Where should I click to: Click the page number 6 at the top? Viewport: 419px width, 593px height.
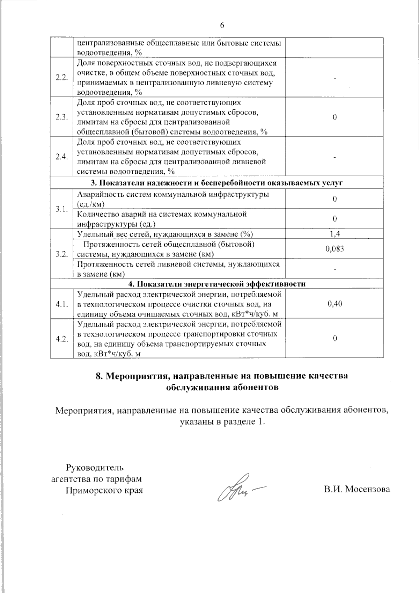pyautogui.click(x=222, y=26)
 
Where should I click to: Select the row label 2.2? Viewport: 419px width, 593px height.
pyautogui.click(x=61, y=78)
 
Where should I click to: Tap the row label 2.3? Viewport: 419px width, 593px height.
pyautogui.click(x=61, y=117)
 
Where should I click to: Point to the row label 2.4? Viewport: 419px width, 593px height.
pyautogui.click(x=61, y=157)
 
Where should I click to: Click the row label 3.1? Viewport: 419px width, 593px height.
pyautogui.click(x=61, y=209)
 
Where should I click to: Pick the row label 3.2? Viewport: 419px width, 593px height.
pyautogui.click(x=61, y=254)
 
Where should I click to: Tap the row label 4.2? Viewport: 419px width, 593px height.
pyautogui.click(x=61, y=339)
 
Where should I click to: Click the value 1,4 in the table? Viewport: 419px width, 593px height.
pyautogui.click(x=335, y=234)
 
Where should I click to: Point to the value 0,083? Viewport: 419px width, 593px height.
pyautogui.click(x=335, y=249)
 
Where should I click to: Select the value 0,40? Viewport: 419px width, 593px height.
pyautogui.click(x=335, y=304)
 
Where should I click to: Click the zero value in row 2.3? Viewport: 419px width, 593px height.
pyautogui.click(x=335, y=117)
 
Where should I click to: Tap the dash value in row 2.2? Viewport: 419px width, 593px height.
pyautogui.click(x=335, y=78)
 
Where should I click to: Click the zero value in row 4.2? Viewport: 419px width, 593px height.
pyautogui.click(x=335, y=339)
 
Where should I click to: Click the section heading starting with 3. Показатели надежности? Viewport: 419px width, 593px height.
pyautogui.click(x=217, y=183)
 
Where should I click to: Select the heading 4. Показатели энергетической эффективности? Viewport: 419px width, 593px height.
pyautogui.click(x=217, y=284)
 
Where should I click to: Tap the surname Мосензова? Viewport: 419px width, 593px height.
pyautogui.click(x=368, y=490)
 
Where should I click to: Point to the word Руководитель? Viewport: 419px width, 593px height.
pyautogui.click(x=95, y=467)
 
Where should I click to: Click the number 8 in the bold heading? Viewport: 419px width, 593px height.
pyautogui.click(x=98, y=376)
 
